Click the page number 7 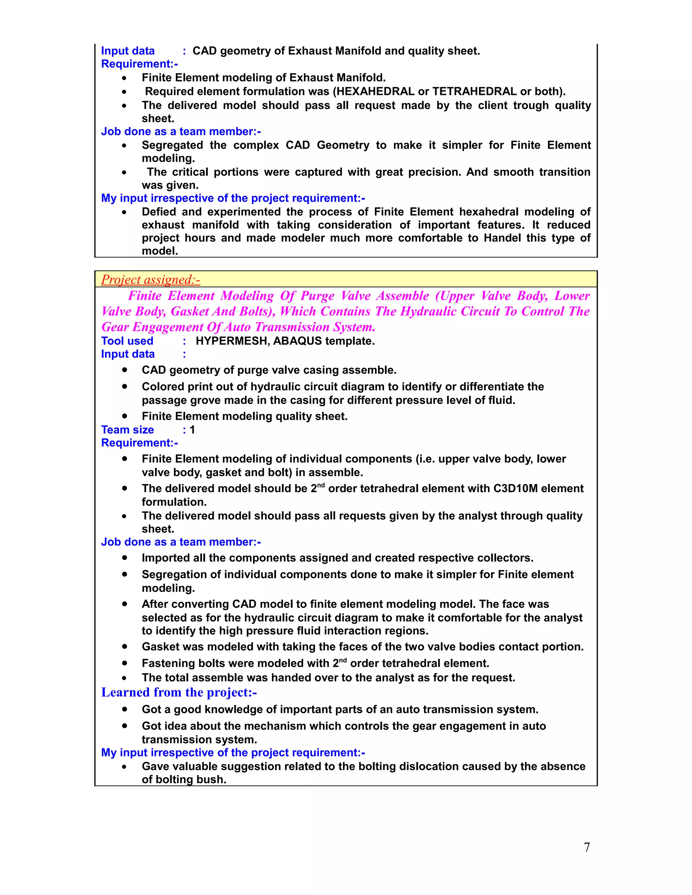click(587, 847)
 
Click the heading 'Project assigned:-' click(150, 280)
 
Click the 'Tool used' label click(127, 341)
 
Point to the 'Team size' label click(127, 430)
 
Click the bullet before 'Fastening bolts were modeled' click(124, 663)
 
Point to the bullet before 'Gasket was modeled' click(124, 647)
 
